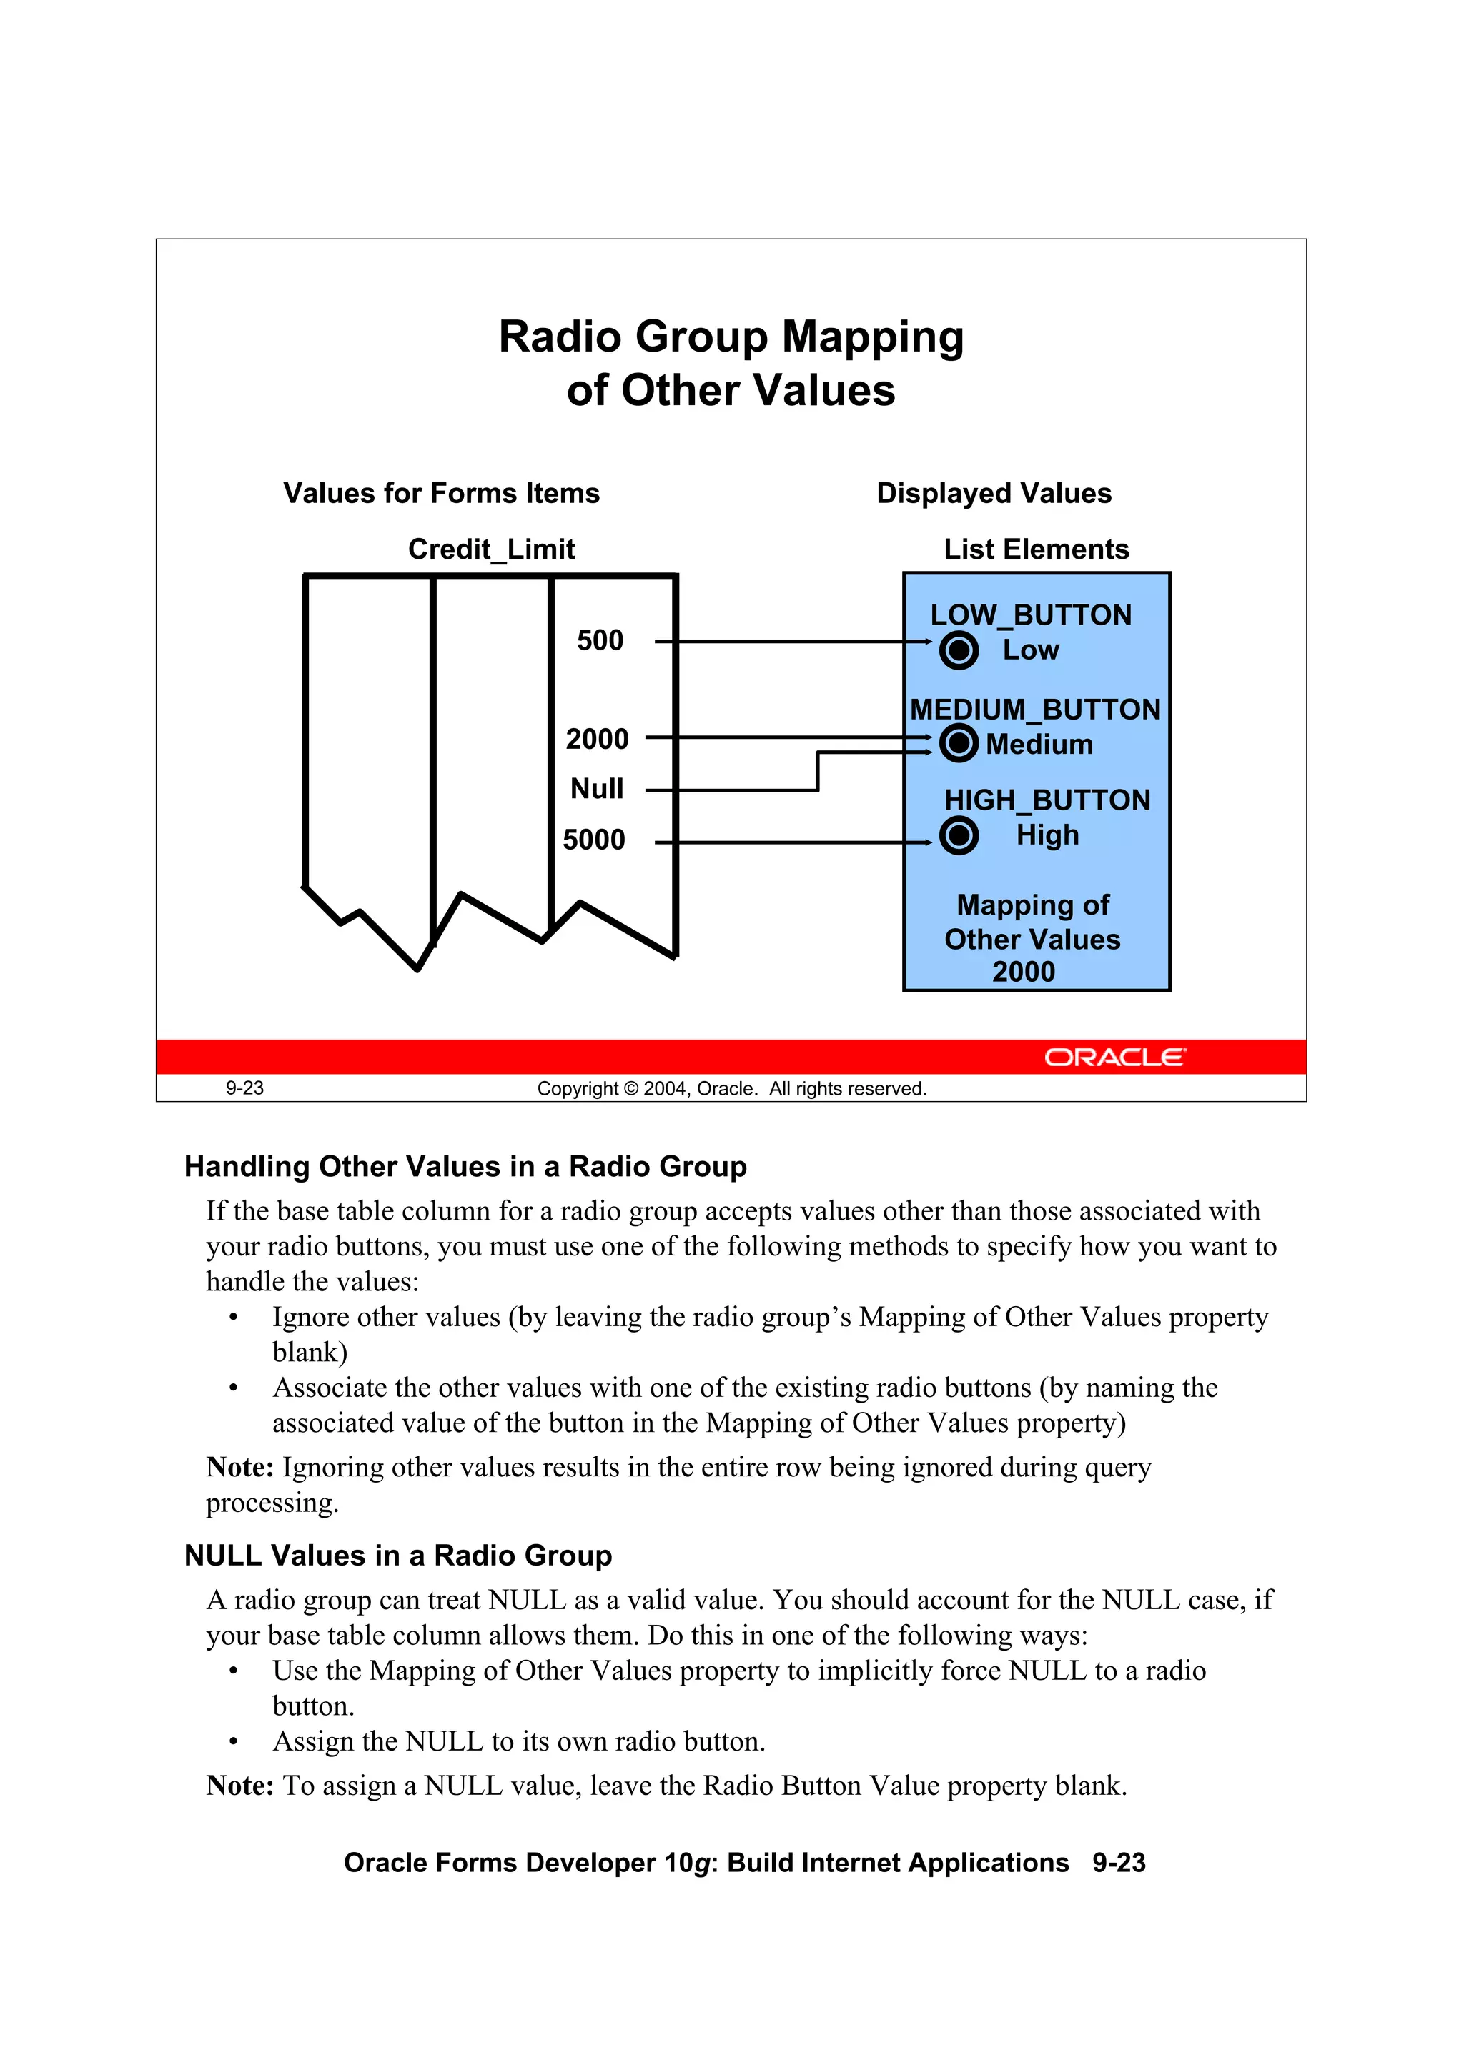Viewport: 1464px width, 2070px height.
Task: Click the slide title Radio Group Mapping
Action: (x=731, y=337)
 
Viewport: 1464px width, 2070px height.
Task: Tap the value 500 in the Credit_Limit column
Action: (x=600, y=640)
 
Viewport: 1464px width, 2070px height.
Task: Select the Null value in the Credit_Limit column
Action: (x=596, y=789)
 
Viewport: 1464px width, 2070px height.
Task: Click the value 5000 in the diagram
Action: (x=593, y=840)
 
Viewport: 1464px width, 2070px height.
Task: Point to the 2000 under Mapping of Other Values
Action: (x=1023, y=972)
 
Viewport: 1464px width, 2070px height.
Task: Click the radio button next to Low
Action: (x=958, y=650)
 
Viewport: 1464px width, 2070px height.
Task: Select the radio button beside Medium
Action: (x=958, y=744)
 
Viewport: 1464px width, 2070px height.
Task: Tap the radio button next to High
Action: (x=958, y=836)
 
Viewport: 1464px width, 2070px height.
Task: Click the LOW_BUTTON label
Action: (x=1030, y=615)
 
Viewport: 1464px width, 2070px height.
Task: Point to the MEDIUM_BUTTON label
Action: (x=1034, y=710)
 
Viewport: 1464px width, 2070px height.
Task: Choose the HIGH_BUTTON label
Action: (x=1047, y=800)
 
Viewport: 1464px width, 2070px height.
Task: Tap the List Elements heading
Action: (x=1036, y=549)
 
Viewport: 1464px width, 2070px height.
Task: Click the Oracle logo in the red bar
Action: (x=1115, y=1057)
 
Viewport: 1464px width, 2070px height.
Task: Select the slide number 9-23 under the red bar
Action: (x=244, y=1088)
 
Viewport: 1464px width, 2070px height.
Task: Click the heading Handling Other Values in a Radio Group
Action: (x=465, y=1167)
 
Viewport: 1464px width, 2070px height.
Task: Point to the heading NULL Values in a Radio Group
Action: (x=397, y=1556)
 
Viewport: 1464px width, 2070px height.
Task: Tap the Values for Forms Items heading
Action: (x=441, y=493)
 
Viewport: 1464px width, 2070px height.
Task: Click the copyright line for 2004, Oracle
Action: (x=731, y=1088)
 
